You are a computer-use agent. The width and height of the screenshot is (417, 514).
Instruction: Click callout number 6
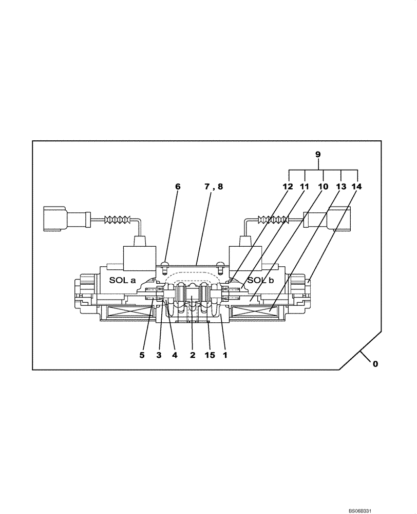(x=178, y=187)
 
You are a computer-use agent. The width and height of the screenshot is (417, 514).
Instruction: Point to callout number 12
(x=288, y=187)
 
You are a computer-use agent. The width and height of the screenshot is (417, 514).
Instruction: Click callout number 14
(x=356, y=187)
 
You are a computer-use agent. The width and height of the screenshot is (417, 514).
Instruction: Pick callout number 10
(x=323, y=187)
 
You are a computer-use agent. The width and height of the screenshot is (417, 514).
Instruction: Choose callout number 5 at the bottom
(x=142, y=355)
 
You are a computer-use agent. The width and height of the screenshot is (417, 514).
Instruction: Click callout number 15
(x=210, y=355)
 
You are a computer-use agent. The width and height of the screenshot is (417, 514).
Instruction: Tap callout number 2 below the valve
(x=193, y=355)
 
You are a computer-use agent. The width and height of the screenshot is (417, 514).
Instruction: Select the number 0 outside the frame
(x=375, y=363)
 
